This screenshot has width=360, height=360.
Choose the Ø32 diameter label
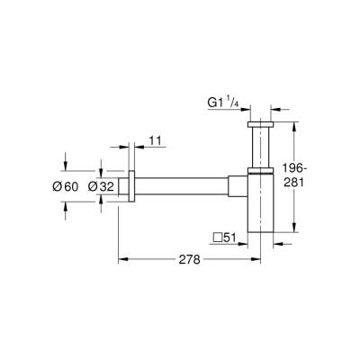pyautogui.click(x=111, y=186)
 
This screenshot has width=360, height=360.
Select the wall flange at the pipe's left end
pyautogui.click(x=132, y=186)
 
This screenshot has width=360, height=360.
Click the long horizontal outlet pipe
pyautogui.click(x=189, y=186)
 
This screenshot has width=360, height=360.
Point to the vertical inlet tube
pyautogui.click(x=258, y=144)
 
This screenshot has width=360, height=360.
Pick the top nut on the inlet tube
pyautogui.click(x=258, y=122)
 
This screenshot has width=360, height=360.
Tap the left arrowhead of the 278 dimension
pyautogui.click(x=123, y=258)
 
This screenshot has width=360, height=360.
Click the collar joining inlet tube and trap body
pyautogui.click(x=258, y=168)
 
